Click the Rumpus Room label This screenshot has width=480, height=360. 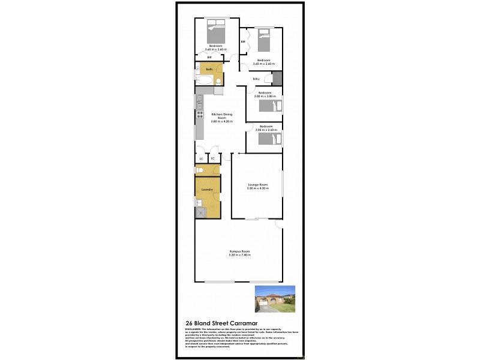click(x=239, y=251)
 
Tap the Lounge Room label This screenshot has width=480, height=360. click(x=256, y=184)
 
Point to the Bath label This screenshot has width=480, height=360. click(x=209, y=70)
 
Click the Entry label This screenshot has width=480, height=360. click(x=256, y=79)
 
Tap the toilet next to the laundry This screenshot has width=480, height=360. click(x=201, y=171)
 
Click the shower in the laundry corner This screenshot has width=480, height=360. click(x=200, y=211)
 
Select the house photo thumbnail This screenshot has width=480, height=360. click(x=275, y=298)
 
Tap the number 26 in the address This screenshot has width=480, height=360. click(x=189, y=323)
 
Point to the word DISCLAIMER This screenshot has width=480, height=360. click(x=193, y=329)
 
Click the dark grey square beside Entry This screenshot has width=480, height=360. click(x=277, y=79)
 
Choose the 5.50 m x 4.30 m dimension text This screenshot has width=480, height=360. click(x=256, y=188)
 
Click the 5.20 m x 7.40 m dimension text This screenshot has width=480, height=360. click(x=239, y=255)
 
